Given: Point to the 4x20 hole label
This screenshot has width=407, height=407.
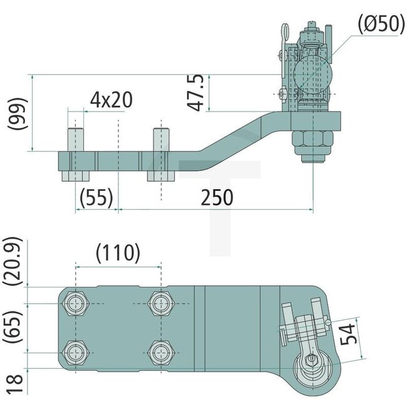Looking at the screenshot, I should coord(110,100).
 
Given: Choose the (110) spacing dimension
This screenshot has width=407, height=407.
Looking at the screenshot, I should coord(118,254).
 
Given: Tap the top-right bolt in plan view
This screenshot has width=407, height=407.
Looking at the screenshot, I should coord(160,304).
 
